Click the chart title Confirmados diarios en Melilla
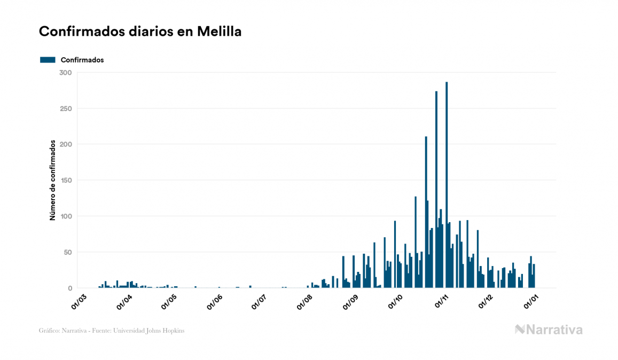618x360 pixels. pos(140,32)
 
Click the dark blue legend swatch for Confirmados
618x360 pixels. pos(48,60)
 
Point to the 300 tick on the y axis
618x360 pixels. pos(65,73)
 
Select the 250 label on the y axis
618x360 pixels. pos(65,108)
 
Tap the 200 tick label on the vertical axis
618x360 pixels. pos(65,144)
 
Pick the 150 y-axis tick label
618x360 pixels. pos(65,181)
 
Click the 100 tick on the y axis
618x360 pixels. pos(65,216)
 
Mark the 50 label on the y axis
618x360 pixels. pos(67,252)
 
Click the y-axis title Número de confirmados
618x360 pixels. pos(53,181)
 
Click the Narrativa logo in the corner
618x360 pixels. pos(549,330)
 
